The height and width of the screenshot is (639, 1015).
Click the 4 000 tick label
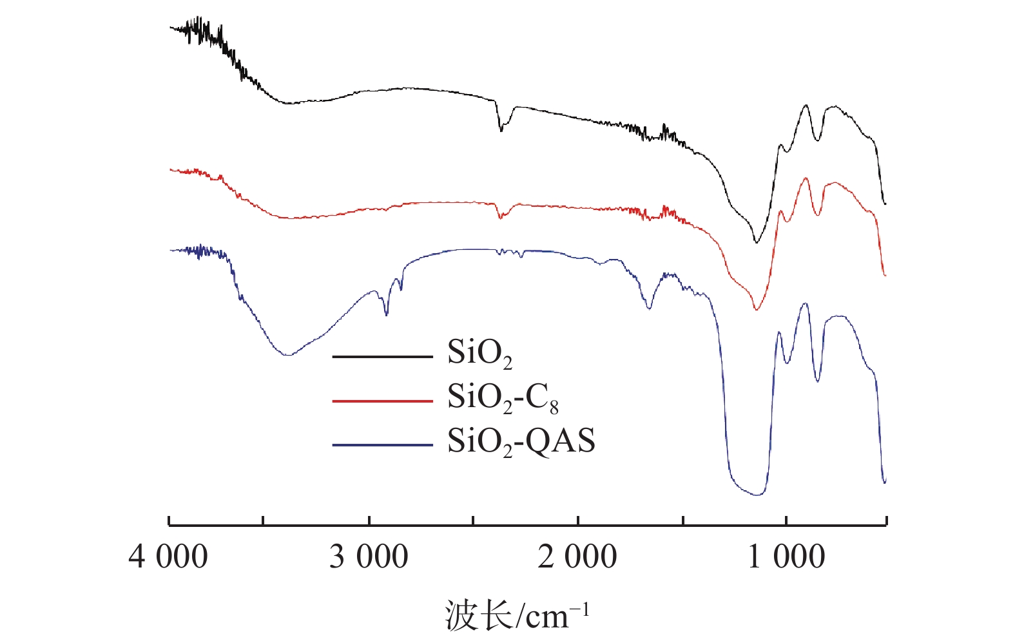[x=168, y=557]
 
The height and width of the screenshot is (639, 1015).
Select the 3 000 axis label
[x=369, y=557]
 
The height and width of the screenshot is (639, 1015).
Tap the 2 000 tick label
[x=577, y=557]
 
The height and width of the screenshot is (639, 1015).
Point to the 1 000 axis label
[x=786, y=557]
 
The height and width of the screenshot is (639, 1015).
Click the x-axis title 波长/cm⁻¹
[x=516, y=615]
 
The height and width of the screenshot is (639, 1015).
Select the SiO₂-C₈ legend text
[x=503, y=398]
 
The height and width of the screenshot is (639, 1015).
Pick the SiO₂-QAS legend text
[x=521, y=442]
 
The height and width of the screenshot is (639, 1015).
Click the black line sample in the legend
[x=382, y=356]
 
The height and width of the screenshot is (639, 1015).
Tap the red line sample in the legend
[x=382, y=401]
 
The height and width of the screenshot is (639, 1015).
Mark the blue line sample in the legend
[x=382, y=444]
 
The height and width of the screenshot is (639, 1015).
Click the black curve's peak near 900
[x=806, y=105]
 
